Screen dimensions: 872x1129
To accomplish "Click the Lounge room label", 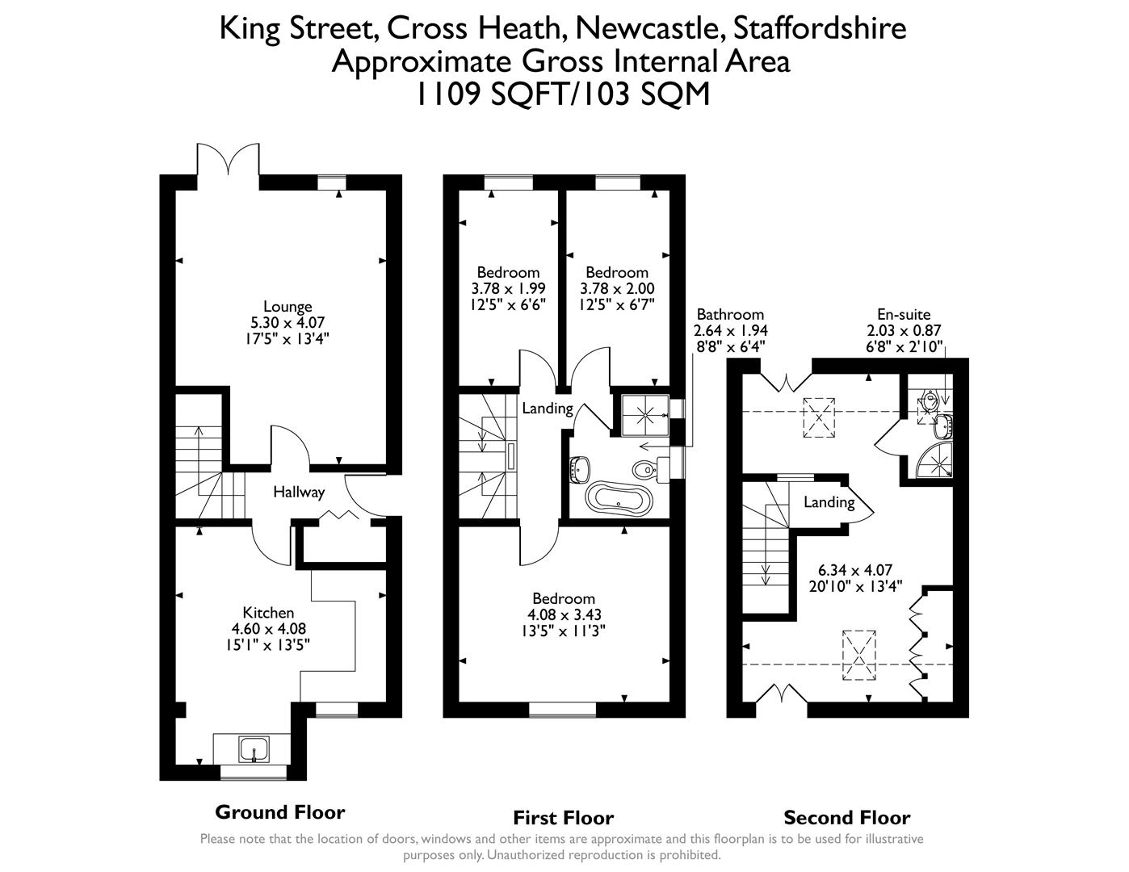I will [287, 307].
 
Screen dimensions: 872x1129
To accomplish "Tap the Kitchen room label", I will [268, 613].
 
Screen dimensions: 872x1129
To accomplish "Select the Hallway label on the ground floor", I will [299, 492].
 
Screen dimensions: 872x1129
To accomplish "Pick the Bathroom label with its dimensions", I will [730, 329].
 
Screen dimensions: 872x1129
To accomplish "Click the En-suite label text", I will [904, 315].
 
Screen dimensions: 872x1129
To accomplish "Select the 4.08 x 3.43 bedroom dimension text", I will [564, 614].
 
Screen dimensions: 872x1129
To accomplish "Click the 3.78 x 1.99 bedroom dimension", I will [508, 288].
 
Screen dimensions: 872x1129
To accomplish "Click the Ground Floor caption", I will [279, 812].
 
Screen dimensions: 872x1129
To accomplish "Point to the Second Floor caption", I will [846, 817].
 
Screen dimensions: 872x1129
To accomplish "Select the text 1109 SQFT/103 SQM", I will [563, 95].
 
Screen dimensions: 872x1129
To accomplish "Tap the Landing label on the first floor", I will [547, 409].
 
